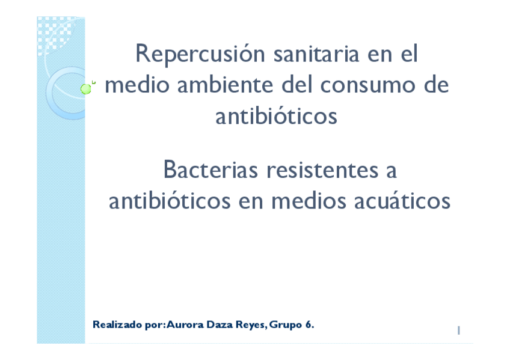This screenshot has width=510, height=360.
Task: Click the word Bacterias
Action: pyautogui.click(x=210, y=171)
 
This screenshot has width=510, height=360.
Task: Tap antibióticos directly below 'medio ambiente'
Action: pyautogui.click(x=276, y=115)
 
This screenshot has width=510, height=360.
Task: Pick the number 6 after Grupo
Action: pyautogui.click(x=309, y=325)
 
